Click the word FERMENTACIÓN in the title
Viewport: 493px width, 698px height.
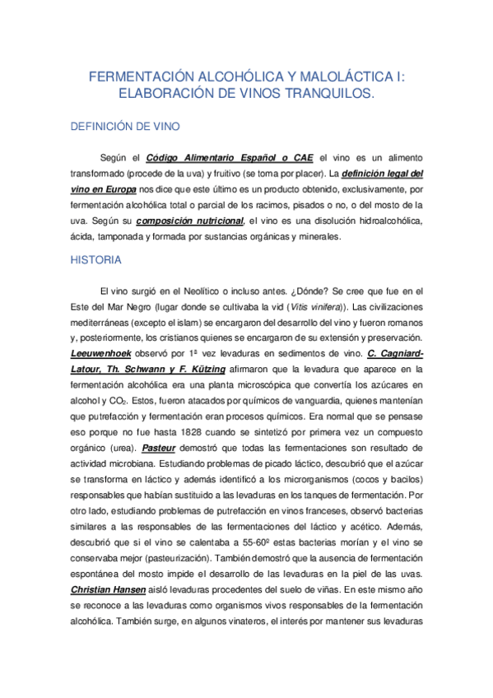(135, 77)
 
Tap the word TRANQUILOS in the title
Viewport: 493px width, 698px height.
(330, 95)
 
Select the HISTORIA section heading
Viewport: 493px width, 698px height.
(96, 260)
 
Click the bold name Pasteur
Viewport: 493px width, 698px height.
(159, 448)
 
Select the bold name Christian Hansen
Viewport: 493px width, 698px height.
(110, 591)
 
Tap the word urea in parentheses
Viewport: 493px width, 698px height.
(123, 449)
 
